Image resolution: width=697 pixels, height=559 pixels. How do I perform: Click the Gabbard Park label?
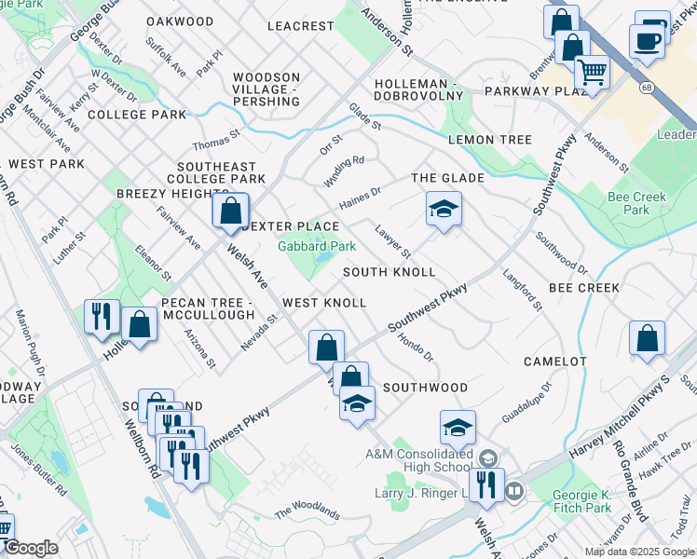pos(317,247)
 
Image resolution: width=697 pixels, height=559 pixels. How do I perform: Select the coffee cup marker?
pos(646,40)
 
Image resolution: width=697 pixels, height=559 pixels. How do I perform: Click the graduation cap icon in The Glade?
pos(444,209)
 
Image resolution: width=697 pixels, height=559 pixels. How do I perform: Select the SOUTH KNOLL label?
pos(389,272)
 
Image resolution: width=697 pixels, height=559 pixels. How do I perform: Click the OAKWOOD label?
pos(180,20)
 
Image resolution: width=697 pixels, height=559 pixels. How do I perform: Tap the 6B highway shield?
pos(646,89)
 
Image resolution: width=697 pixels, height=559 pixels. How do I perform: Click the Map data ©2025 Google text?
pos(639,552)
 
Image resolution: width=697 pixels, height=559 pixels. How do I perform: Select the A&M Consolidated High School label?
pos(418,459)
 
